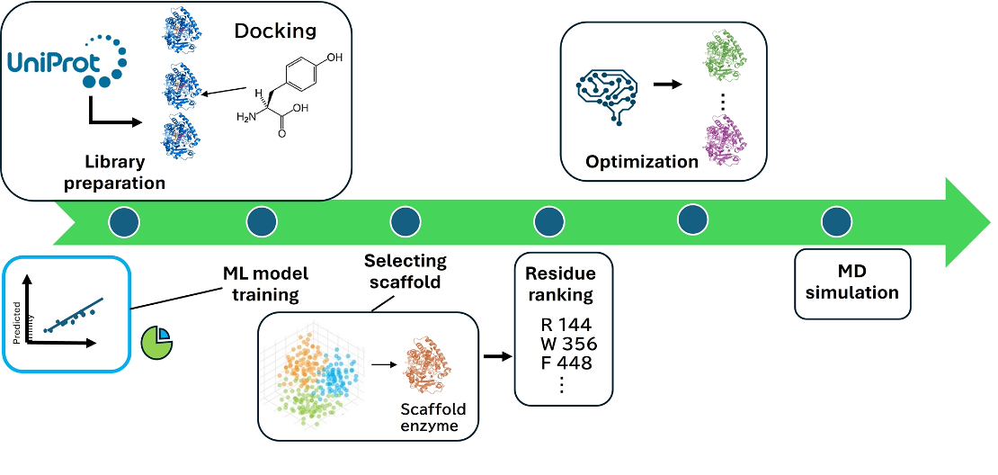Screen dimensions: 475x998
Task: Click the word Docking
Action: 275,31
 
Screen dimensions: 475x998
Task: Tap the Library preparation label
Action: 126,173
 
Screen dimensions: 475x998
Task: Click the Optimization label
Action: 641,162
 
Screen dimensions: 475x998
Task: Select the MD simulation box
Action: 852,283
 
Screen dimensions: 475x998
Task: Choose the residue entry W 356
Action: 563,345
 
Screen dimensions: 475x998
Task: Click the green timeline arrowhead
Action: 966,221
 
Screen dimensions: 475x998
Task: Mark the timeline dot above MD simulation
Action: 837,221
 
